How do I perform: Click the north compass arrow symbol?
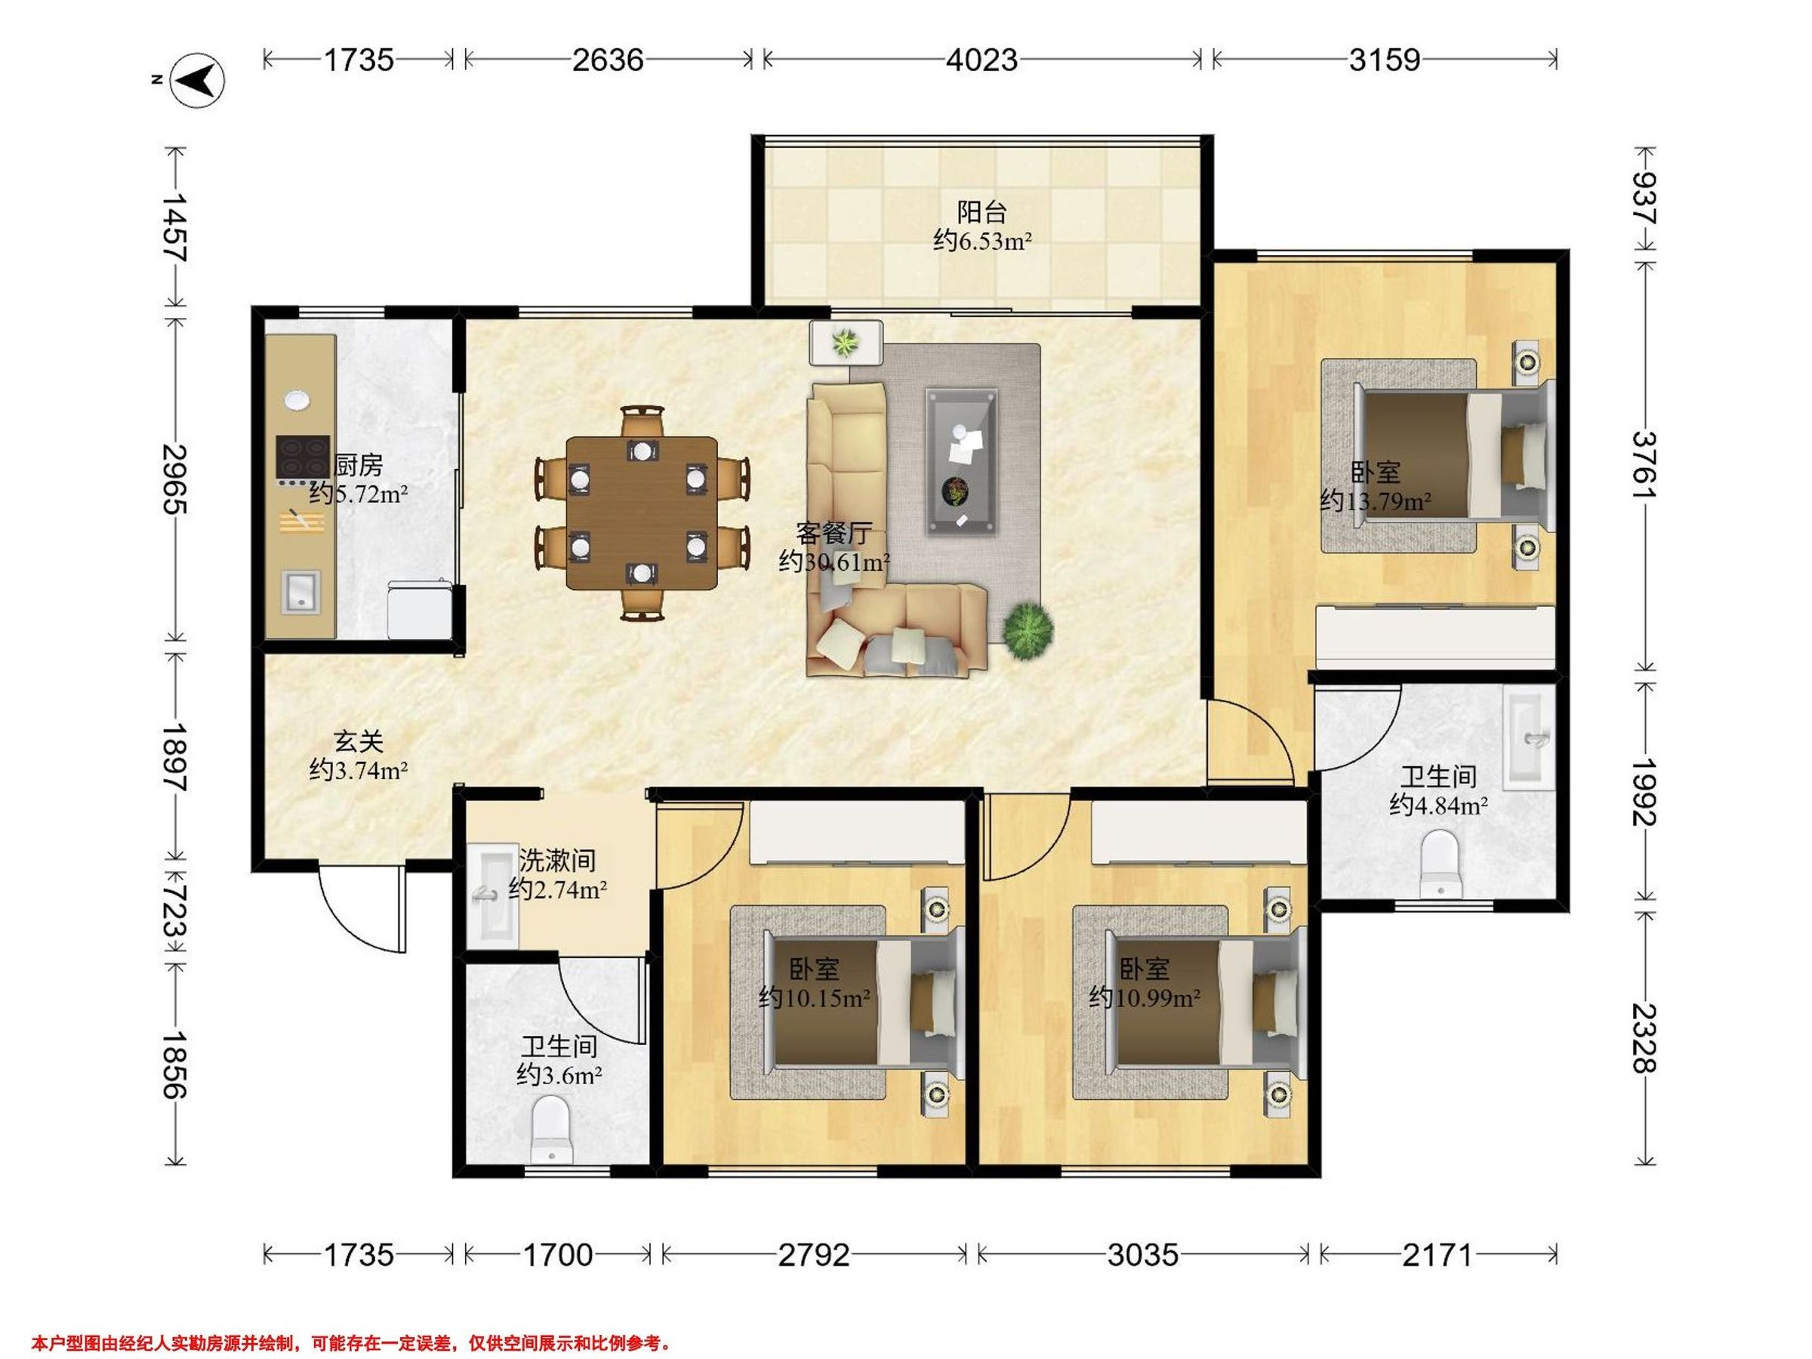(196, 80)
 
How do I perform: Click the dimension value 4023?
(982, 60)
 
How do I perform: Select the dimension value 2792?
(813, 1255)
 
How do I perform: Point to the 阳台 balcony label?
(981, 213)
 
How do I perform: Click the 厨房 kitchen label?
(359, 465)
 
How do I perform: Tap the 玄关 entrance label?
(359, 741)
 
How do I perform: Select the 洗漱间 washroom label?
(557, 860)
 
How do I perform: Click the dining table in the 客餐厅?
(642, 513)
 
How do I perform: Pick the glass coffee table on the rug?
(962, 462)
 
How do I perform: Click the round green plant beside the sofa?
(1028, 630)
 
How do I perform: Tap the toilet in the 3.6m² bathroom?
(550, 1130)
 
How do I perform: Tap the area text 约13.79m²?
(1376, 501)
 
